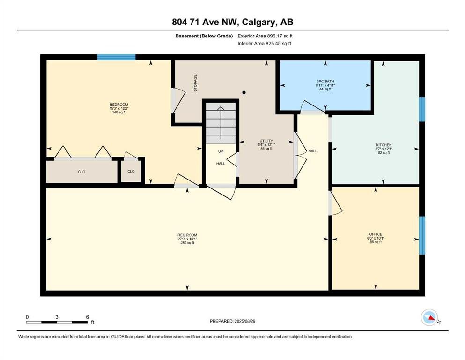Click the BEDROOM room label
[118, 105]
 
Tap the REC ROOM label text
[187, 235]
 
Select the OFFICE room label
[376, 234]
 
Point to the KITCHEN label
[384, 145]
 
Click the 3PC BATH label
[325, 81]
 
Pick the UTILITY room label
[266, 141]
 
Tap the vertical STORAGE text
[195, 83]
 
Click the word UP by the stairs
[221, 151]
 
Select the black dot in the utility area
[244, 93]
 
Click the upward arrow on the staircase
[221, 122]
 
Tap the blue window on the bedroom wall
[117, 57]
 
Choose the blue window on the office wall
[422, 235]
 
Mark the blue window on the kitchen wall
[422, 109]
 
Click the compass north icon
[429, 317]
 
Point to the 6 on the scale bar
[87, 317]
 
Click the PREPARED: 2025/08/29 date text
[232, 321]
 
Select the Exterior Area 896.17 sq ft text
[265, 36]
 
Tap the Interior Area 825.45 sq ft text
[264, 43]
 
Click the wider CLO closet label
[81, 172]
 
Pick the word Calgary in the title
[257, 22]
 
